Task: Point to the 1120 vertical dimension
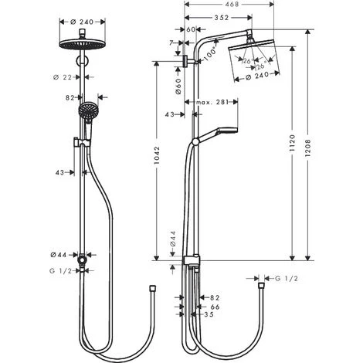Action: (x=291, y=146)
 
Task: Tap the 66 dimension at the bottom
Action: (x=214, y=306)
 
